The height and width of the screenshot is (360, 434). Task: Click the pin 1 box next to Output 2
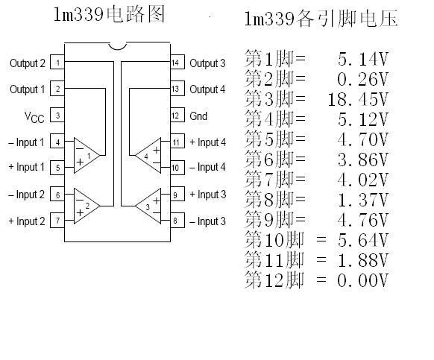coord(57,63)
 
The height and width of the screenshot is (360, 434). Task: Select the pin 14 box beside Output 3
coord(177,63)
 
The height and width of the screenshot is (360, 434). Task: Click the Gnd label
coord(198,116)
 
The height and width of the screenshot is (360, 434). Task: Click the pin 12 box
coord(177,116)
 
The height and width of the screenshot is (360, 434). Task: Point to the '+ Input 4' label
coord(208,142)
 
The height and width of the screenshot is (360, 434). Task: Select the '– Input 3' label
coord(207,221)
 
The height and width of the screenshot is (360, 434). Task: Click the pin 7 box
coord(57,221)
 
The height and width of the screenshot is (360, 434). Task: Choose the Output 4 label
coord(207,89)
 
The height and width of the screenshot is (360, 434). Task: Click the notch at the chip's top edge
coord(117,48)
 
